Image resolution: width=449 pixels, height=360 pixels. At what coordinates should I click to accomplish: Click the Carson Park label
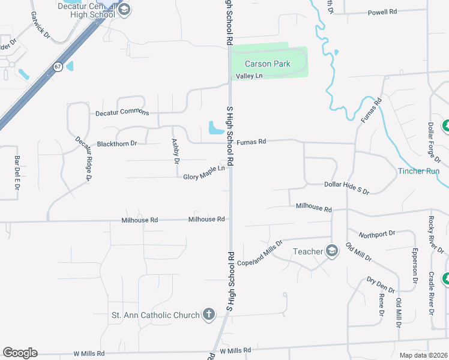268,64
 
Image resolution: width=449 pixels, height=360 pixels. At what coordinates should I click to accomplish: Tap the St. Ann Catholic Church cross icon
208,314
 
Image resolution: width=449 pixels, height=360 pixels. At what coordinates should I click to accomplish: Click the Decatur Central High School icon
124,9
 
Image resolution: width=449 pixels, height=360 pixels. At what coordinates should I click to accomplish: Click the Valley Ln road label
249,76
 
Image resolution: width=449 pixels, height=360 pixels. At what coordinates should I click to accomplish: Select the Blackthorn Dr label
117,144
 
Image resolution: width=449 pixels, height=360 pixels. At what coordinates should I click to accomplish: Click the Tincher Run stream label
419,171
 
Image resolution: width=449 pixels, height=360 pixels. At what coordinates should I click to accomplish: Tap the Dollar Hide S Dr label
346,188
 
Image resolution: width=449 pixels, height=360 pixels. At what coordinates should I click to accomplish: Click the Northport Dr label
376,233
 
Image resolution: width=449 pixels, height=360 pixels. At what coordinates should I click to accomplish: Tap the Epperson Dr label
414,265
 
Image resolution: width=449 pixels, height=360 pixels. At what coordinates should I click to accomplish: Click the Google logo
20,353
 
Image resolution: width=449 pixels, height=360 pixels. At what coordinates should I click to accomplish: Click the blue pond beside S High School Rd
214,127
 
